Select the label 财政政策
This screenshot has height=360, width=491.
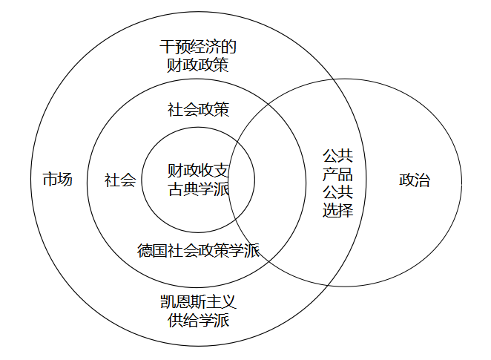coord(198,65)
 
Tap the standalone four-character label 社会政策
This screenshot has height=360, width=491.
coord(198,110)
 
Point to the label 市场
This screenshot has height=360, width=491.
coord(57,179)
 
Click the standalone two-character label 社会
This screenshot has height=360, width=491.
coord(120,180)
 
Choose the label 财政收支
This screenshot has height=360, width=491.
coord(198,170)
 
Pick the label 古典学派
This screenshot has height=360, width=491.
coord(198,188)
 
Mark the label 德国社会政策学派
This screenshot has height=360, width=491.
coord(198,250)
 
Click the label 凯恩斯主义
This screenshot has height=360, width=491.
coord(198,302)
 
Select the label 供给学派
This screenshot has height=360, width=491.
coord(198,320)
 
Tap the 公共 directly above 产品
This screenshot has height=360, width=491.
coord(337,157)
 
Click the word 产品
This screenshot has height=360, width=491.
coord(337,174)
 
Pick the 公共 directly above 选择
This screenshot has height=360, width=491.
coord(337,192)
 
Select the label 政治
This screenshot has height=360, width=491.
coord(415,180)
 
